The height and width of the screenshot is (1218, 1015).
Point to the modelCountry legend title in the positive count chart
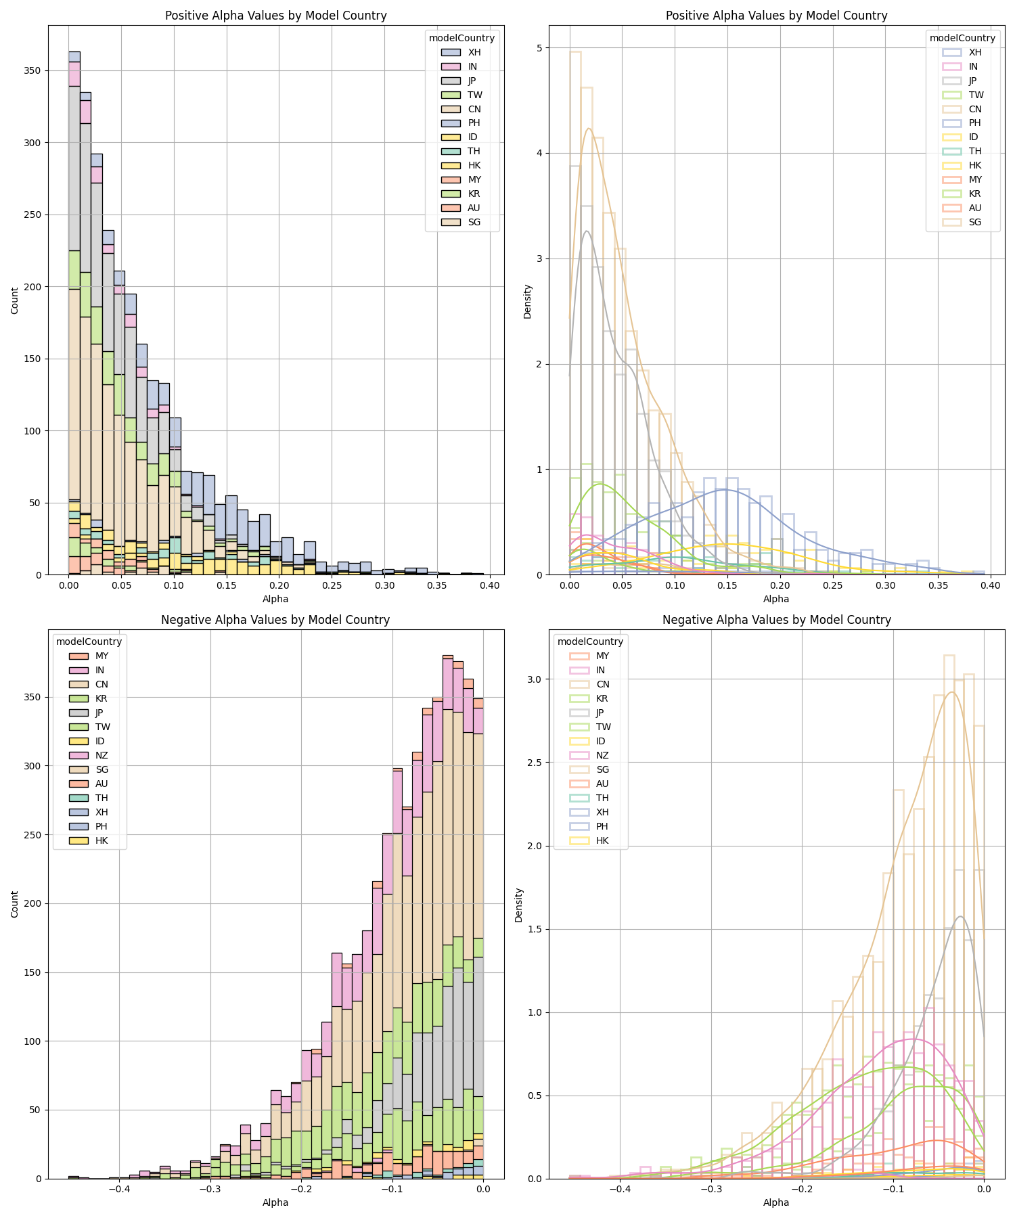click(461, 38)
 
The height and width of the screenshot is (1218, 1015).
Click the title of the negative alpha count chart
click(275, 620)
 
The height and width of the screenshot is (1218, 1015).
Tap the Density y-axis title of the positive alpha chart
click(528, 301)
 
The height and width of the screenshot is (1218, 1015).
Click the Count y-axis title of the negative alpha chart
click(15, 904)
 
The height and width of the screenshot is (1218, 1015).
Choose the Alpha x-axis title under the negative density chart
click(776, 1202)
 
